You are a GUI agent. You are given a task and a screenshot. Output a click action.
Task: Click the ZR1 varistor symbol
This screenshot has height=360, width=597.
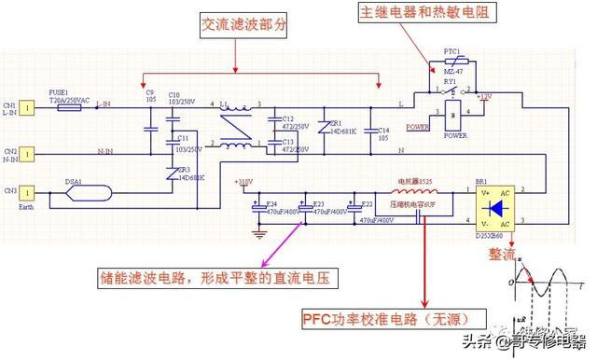pyautogui.click(x=324, y=132)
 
